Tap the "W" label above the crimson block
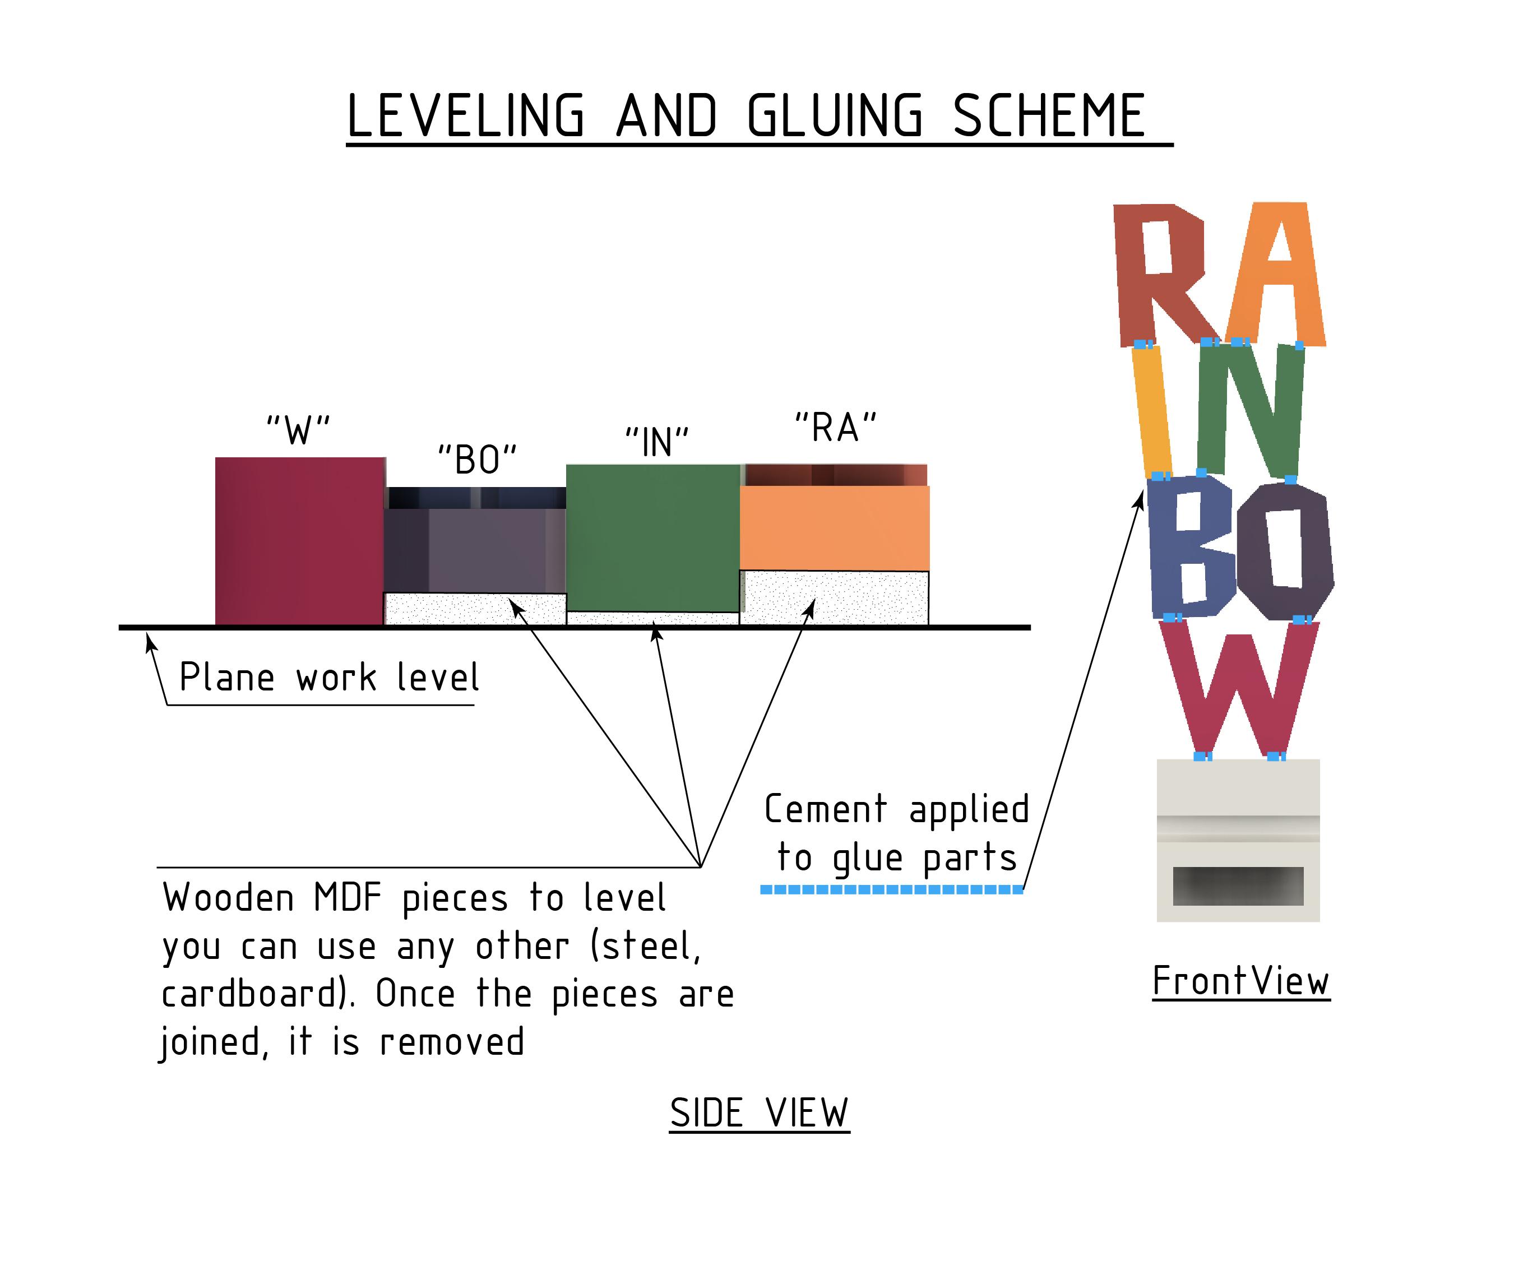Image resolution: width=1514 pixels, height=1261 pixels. (x=298, y=430)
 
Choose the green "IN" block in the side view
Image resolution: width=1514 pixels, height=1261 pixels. (x=652, y=537)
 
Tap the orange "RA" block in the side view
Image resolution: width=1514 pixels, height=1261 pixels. (x=834, y=528)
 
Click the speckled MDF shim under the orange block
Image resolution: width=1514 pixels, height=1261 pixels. (x=834, y=597)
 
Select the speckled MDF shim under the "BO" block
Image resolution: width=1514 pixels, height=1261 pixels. (x=474, y=609)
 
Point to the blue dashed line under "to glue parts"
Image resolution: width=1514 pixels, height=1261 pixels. (x=892, y=889)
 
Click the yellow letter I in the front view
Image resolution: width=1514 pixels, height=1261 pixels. (x=1152, y=411)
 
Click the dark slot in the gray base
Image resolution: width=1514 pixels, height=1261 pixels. (x=1238, y=886)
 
